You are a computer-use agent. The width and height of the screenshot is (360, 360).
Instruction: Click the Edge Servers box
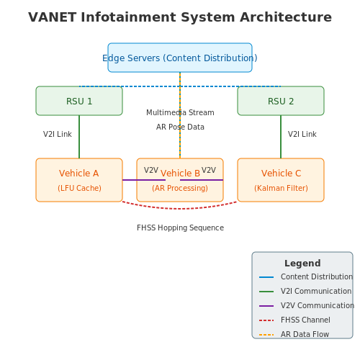coord(180,58)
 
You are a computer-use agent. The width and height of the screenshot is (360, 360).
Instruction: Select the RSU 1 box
coord(79,101)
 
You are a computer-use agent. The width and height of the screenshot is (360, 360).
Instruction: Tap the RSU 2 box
coord(281,101)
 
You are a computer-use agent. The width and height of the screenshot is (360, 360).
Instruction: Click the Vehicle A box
coord(79,180)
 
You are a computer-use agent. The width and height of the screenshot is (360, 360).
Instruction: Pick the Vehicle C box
coord(281,180)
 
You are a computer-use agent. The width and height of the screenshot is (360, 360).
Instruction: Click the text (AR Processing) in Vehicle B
coord(180,188)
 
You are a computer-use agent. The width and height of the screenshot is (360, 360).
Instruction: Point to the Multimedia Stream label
coord(180,112)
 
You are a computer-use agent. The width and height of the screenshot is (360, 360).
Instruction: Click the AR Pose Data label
coord(180,127)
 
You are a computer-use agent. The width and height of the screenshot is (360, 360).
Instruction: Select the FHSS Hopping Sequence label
coord(180,228)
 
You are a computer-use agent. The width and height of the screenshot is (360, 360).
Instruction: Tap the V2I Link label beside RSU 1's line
coord(58,134)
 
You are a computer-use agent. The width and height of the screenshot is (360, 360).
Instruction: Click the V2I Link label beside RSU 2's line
coord(302,134)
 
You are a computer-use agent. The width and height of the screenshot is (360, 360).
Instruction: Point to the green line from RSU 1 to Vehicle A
coord(79,137)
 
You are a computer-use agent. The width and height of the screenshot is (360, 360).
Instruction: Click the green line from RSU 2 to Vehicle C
coord(281,137)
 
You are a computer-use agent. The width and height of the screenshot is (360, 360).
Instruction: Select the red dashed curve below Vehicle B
coord(180,209)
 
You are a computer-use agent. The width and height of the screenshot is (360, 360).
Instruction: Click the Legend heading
coord(302,264)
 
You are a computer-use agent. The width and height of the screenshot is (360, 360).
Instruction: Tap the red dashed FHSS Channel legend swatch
coord(266,320)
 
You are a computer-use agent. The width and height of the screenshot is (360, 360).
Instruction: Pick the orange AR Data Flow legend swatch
coord(266,335)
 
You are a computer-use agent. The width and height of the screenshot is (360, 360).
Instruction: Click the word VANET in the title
coord(52,17)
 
